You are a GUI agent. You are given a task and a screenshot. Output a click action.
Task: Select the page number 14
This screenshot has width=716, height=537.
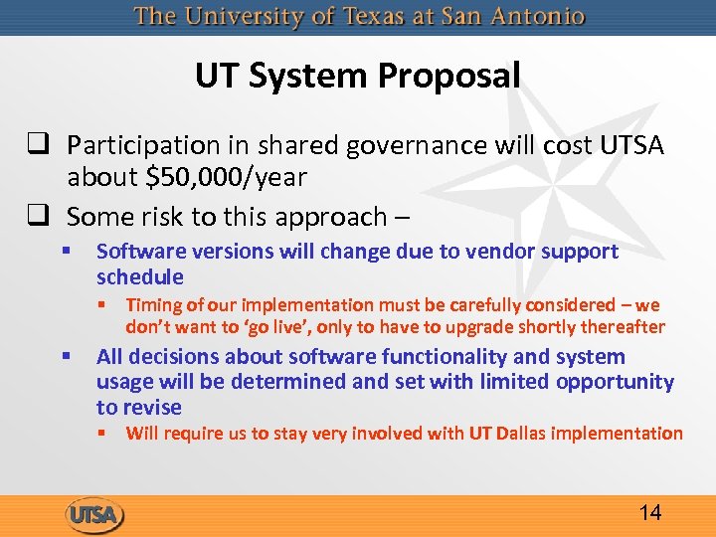click(x=650, y=512)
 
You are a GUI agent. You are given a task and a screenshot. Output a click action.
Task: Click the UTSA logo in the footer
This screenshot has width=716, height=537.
click(x=95, y=514)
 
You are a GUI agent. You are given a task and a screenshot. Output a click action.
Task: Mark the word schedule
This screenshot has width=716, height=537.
click(x=140, y=276)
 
